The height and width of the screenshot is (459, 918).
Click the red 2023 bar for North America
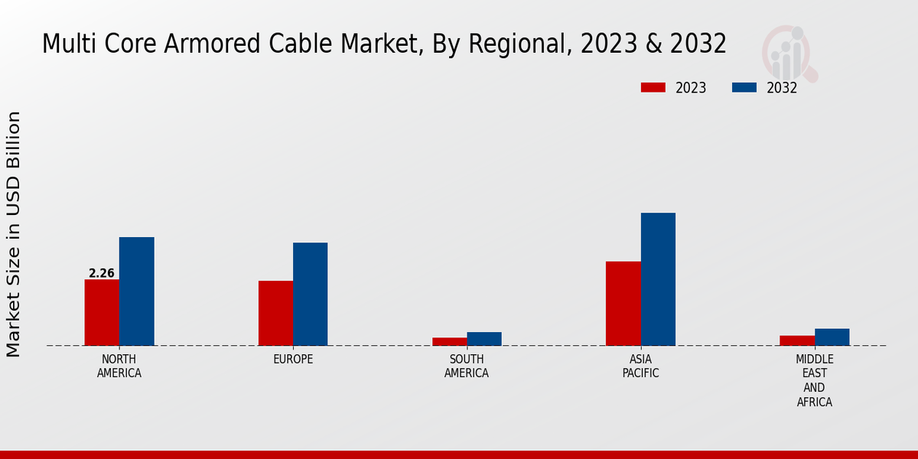coord(102,312)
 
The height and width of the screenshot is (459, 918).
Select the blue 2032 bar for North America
coord(136,291)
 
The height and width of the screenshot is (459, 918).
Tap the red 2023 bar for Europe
coord(275,313)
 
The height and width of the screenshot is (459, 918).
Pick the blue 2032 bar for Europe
coord(310,294)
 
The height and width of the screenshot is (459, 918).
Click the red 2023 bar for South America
coord(449,341)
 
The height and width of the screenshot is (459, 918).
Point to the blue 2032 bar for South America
coord(484,339)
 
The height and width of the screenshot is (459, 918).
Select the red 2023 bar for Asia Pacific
coord(623,303)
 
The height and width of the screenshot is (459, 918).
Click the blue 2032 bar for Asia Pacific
coord(658,279)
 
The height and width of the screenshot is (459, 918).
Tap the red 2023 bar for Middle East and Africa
coord(797,340)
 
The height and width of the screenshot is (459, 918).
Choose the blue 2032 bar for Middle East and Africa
coord(832,337)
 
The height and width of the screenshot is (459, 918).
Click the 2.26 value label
coord(102,273)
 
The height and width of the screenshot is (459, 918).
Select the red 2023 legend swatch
coord(653,88)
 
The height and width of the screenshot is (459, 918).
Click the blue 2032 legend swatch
coord(744,88)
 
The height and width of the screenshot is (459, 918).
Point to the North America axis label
coord(119,366)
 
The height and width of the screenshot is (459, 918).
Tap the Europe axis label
coord(293,360)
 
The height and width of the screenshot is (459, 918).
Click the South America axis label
coord(467,366)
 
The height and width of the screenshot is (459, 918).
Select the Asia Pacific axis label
coord(640,366)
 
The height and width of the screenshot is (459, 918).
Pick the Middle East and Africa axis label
coord(815,380)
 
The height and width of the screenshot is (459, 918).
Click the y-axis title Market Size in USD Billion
coord(14,233)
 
